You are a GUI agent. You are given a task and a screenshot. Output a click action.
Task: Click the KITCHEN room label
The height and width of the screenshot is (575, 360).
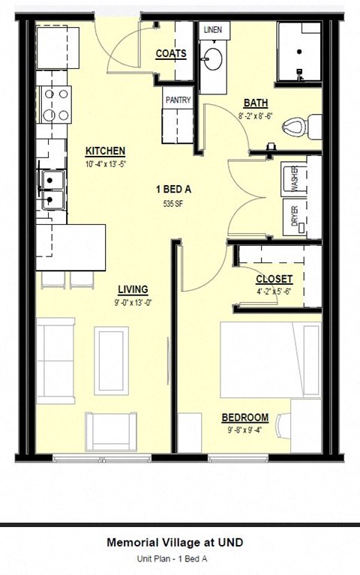point(105,151)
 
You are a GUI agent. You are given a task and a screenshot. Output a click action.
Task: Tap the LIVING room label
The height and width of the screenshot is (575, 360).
point(133,289)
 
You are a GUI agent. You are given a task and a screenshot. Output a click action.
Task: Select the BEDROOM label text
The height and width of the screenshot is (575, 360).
point(244,418)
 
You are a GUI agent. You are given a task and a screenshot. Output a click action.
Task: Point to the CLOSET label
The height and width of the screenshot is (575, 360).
point(274,279)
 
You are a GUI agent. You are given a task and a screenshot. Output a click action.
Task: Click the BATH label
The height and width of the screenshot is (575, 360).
point(256,103)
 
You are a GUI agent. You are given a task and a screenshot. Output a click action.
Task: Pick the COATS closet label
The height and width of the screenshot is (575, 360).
point(171,54)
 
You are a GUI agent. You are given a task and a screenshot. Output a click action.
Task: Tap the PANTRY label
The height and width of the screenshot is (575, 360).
point(178,100)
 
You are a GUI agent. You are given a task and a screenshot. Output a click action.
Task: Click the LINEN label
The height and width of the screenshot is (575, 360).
point(212,29)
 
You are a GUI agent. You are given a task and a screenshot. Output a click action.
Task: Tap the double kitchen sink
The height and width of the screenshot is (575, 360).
point(52,190)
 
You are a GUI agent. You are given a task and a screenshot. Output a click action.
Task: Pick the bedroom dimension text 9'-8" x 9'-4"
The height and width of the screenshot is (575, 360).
point(244,430)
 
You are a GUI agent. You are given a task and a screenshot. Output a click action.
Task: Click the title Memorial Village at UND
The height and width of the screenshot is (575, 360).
point(175,542)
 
